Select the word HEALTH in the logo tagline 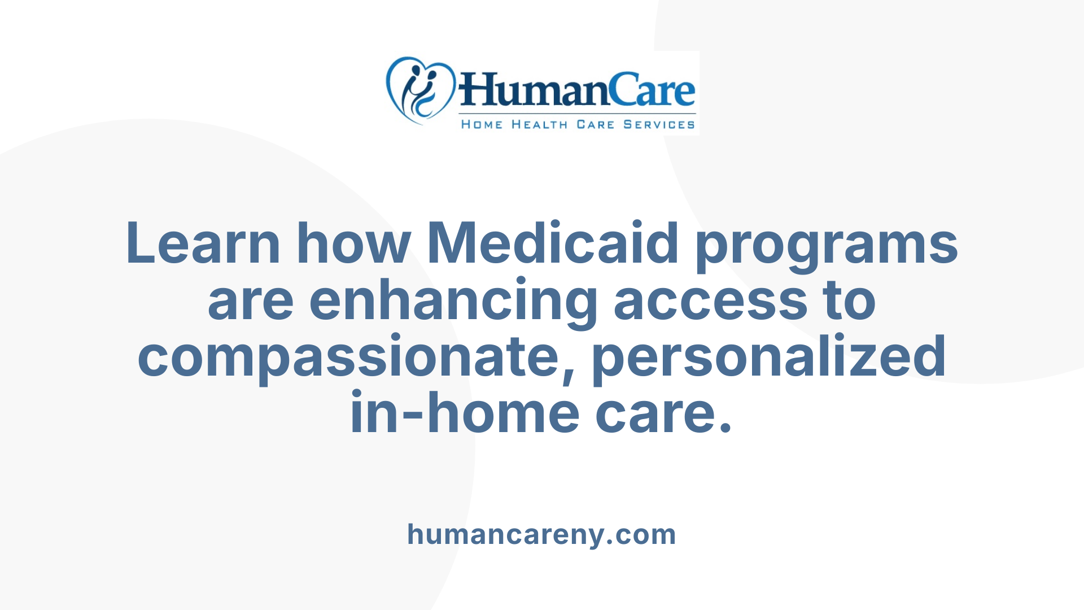539,124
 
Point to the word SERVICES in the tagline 659,124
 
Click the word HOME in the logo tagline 482,124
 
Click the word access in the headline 710,301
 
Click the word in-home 465,413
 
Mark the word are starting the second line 251,301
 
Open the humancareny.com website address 541,534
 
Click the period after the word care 726,426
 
